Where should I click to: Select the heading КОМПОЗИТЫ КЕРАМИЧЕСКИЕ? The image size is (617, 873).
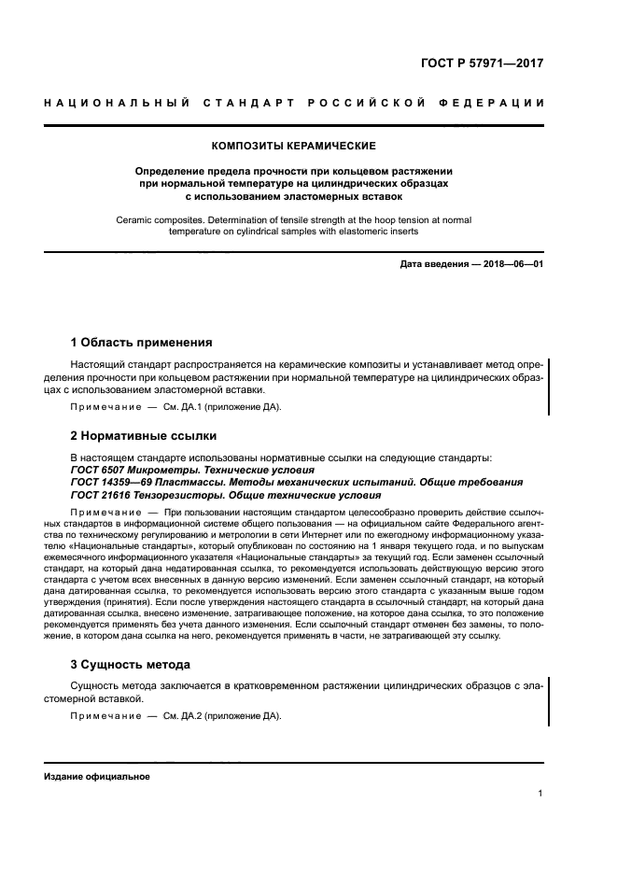pyautogui.click(x=294, y=147)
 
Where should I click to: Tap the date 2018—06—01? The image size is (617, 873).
pyautogui.click(x=512, y=264)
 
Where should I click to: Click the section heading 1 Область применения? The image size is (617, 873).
pyautogui.click(x=142, y=342)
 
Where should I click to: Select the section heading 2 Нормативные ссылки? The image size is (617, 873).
pyautogui.click(x=144, y=435)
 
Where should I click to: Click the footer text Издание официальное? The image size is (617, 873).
pyautogui.click(x=97, y=776)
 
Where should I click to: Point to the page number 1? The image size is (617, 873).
pyautogui.click(x=540, y=794)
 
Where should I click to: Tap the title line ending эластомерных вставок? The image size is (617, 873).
pyautogui.click(x=294, y=197)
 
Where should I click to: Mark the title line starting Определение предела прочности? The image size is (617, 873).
pyautogui.click(x=294, y=172)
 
